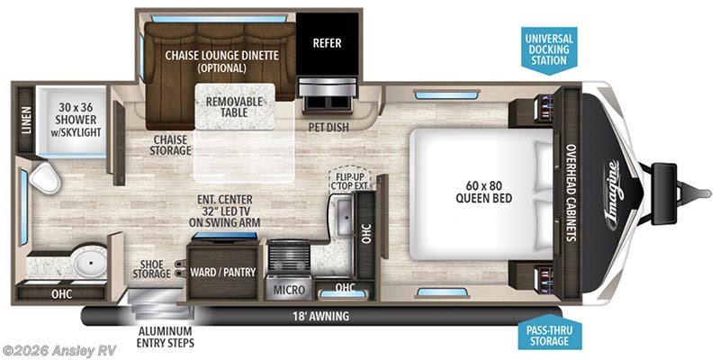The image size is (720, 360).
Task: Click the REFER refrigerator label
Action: [x=326, y=42]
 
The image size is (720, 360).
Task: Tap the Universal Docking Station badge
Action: [x=549, y=48]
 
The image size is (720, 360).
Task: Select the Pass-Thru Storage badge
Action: [x=549, y=335]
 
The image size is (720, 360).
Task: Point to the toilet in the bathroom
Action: [x=40, y=178]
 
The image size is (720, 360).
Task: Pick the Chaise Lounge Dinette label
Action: [x=221, y=61]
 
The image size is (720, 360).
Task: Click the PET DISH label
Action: [x=329, y=127]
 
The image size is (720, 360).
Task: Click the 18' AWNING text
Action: [x=321, y=316]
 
